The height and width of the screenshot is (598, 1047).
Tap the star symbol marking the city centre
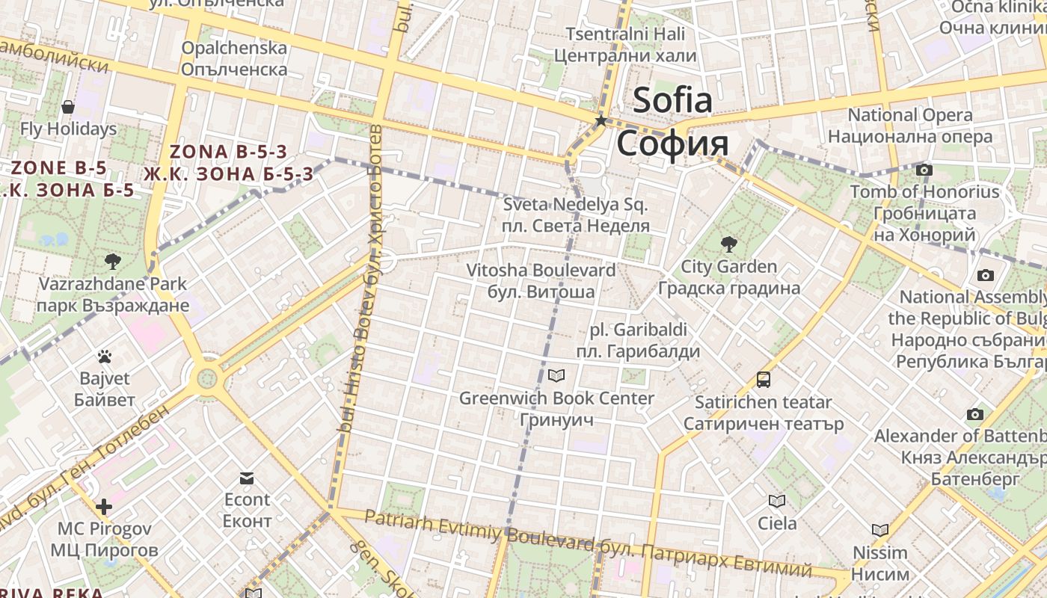[601, 120]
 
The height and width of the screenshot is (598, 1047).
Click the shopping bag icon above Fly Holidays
[68, 107]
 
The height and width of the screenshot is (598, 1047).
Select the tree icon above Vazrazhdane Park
[113, 262]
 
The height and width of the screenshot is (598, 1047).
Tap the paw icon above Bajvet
[105, 357]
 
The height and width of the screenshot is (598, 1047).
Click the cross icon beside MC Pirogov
[104, 507]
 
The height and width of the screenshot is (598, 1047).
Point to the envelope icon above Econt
[247, 478]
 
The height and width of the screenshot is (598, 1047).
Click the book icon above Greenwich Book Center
[556, 375]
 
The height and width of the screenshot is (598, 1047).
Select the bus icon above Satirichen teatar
[764, 380]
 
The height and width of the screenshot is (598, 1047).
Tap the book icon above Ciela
[777, 501]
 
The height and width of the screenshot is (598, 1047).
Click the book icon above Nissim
[880, 531]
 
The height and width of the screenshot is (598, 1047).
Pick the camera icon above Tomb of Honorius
[924, 170]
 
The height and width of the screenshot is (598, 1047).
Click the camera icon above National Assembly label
[986, 275]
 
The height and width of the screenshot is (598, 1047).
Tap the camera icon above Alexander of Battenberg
[974, 414]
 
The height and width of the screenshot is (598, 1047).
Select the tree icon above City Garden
[728, 244]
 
